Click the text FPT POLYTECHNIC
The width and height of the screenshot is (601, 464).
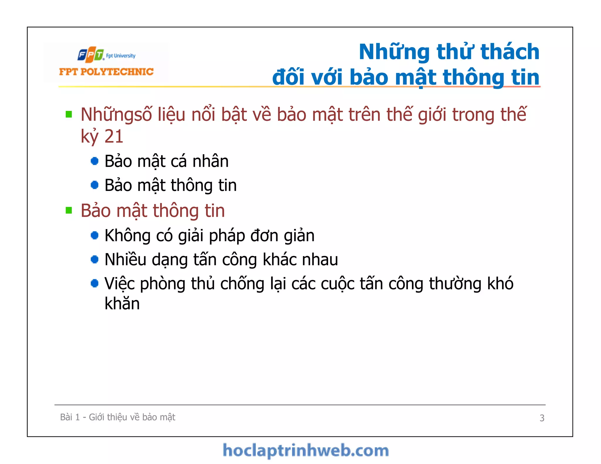[106, 72]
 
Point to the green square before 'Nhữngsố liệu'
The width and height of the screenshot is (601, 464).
[69, 114]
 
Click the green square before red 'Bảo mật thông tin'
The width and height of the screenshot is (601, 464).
[69, 210]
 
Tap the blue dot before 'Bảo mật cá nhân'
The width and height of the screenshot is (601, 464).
[94, 161]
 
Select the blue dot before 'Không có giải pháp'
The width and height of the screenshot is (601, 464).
[94, 235]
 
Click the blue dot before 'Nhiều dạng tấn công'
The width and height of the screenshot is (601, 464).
[94, 259]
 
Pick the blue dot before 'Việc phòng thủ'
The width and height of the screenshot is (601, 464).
[94, 283]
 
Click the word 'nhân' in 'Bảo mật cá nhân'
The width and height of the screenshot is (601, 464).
[210, 161]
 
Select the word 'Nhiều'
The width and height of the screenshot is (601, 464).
[126, 260]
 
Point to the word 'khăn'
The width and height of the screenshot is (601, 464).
[122, 303]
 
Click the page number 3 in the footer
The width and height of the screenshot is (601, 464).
[542, 418]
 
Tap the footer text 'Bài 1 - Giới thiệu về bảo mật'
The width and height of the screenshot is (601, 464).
[117, 417]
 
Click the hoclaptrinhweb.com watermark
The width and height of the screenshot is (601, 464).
[305, 451]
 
